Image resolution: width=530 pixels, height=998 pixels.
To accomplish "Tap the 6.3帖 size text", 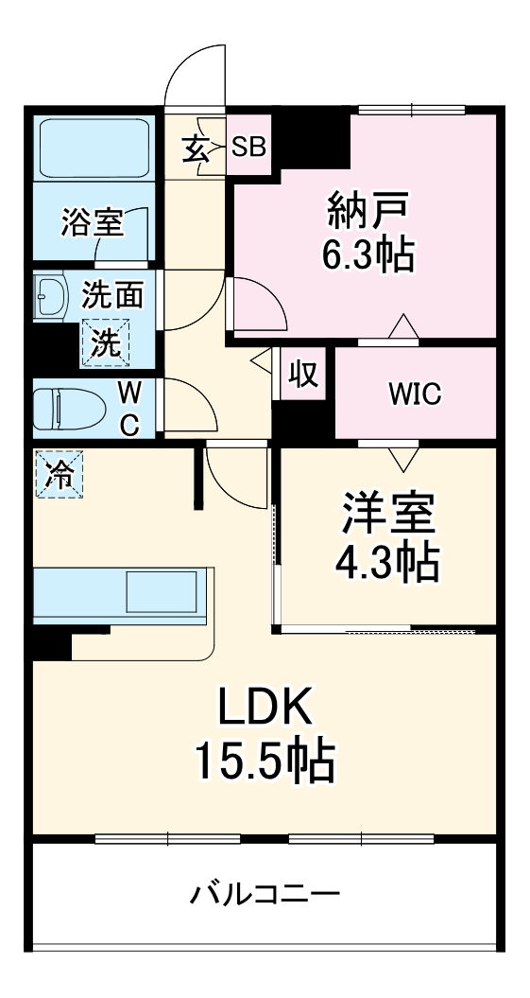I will (x=371, y=254).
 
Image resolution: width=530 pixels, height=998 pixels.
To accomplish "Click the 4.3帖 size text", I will (x=388, y=564).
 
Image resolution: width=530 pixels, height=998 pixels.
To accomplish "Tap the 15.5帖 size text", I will (x=265, y=760).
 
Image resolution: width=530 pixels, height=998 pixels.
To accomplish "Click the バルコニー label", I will (x=265, y=893).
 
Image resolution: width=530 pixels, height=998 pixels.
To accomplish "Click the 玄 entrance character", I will (x=197, y=149).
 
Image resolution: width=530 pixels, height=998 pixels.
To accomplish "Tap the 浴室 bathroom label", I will (x=92, y=222).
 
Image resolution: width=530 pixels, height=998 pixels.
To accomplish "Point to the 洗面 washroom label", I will (x=112, y=295).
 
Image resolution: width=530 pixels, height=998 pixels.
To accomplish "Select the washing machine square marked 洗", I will (x=105, y=342).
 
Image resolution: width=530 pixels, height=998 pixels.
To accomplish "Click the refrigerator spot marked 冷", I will (x=59, y=473).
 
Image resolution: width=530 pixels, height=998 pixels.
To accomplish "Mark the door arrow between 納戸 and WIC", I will (x=403, y=327).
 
